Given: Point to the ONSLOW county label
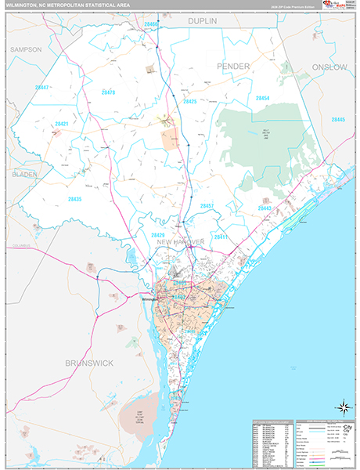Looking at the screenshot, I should point(329,67).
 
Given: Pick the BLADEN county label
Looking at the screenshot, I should point(24,174).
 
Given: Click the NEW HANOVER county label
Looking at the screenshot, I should point(180,242).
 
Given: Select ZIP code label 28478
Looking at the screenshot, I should point(108,92).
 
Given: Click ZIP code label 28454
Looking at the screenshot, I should point(261,98).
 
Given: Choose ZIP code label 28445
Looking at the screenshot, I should point(337,119).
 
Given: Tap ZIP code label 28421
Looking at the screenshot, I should point(61,124).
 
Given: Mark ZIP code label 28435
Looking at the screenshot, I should point(75,200).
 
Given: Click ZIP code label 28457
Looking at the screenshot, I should point(207,205).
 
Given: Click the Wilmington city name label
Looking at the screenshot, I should point(149,298).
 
